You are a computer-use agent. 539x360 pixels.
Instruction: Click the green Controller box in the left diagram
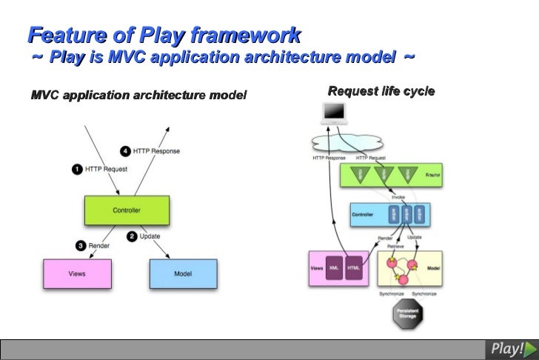pos(127,210)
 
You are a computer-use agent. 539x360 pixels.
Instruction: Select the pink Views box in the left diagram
pos(77,273)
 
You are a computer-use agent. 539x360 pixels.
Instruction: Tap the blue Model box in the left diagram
pos(183,273)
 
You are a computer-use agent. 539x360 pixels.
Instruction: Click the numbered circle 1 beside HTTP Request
pos(76,169)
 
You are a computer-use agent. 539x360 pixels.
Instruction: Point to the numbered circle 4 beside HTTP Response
pos(126,151)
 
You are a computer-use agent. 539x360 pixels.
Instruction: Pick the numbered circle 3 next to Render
pos(80,245)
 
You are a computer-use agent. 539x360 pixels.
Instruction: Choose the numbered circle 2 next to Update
pos(132,236)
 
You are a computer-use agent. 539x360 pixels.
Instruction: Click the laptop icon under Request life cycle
pos(335,113)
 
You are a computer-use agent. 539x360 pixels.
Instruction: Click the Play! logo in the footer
pos(510,348)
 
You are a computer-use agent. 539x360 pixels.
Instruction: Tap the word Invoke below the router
pos(398,197)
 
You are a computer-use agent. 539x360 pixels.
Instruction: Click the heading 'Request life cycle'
pos(381,92)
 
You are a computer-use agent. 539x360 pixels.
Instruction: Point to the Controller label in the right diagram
pos(362,214)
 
